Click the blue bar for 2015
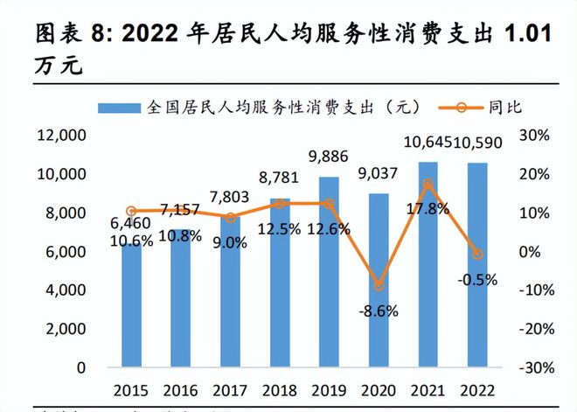pyautogui.click(x=131, y=306)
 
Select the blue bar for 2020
pyautogui.click(x=379, y=280)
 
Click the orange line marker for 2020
pyautogui.click(x=379, y=285)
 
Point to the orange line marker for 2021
pyautogui.click(x=428, y=185)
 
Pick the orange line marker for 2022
pyautogui.click(x=478, y=254)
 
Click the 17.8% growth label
pyautogui.click(x=428, y=208)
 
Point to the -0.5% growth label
pyautogui.click(x=478, y=280)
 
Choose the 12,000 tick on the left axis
pyautogui.click(x=60, y=136)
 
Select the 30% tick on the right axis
pyautogui.click(x=533, y=136)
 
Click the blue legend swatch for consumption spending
pyautogui.click(x=119, y=108)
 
